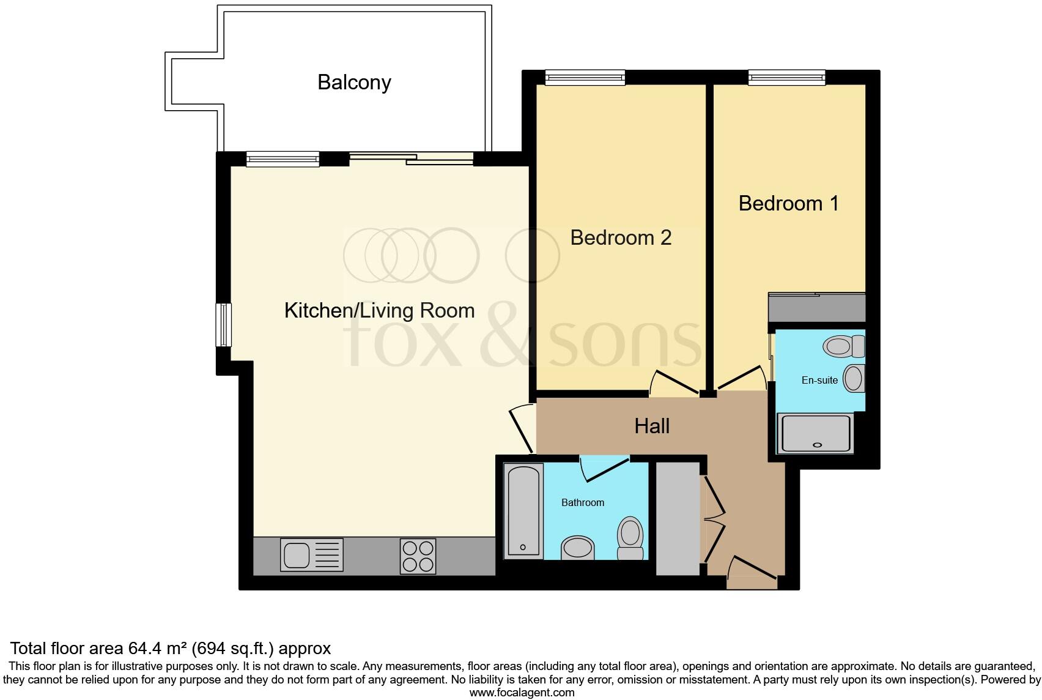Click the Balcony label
coord(354,83)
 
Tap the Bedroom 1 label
coord(788,203)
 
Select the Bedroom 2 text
coord(621,237)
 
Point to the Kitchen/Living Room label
coord(379,310)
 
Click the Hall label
coord(652,426)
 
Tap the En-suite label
coord(819,380)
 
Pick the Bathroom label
coord(583,502)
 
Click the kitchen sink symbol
coord(311,555)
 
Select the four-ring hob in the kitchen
coord(418,556)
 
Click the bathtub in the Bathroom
coord(523,511)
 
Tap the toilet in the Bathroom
coord(630,538)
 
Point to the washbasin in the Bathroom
coord(577,547)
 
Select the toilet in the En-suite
coord(843,347)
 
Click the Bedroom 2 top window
coord(585,77)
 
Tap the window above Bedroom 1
coord(787,77)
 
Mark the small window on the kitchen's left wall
coord(224,324)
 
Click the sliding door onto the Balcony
coord(412,159)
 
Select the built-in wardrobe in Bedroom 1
coord(816,307)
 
